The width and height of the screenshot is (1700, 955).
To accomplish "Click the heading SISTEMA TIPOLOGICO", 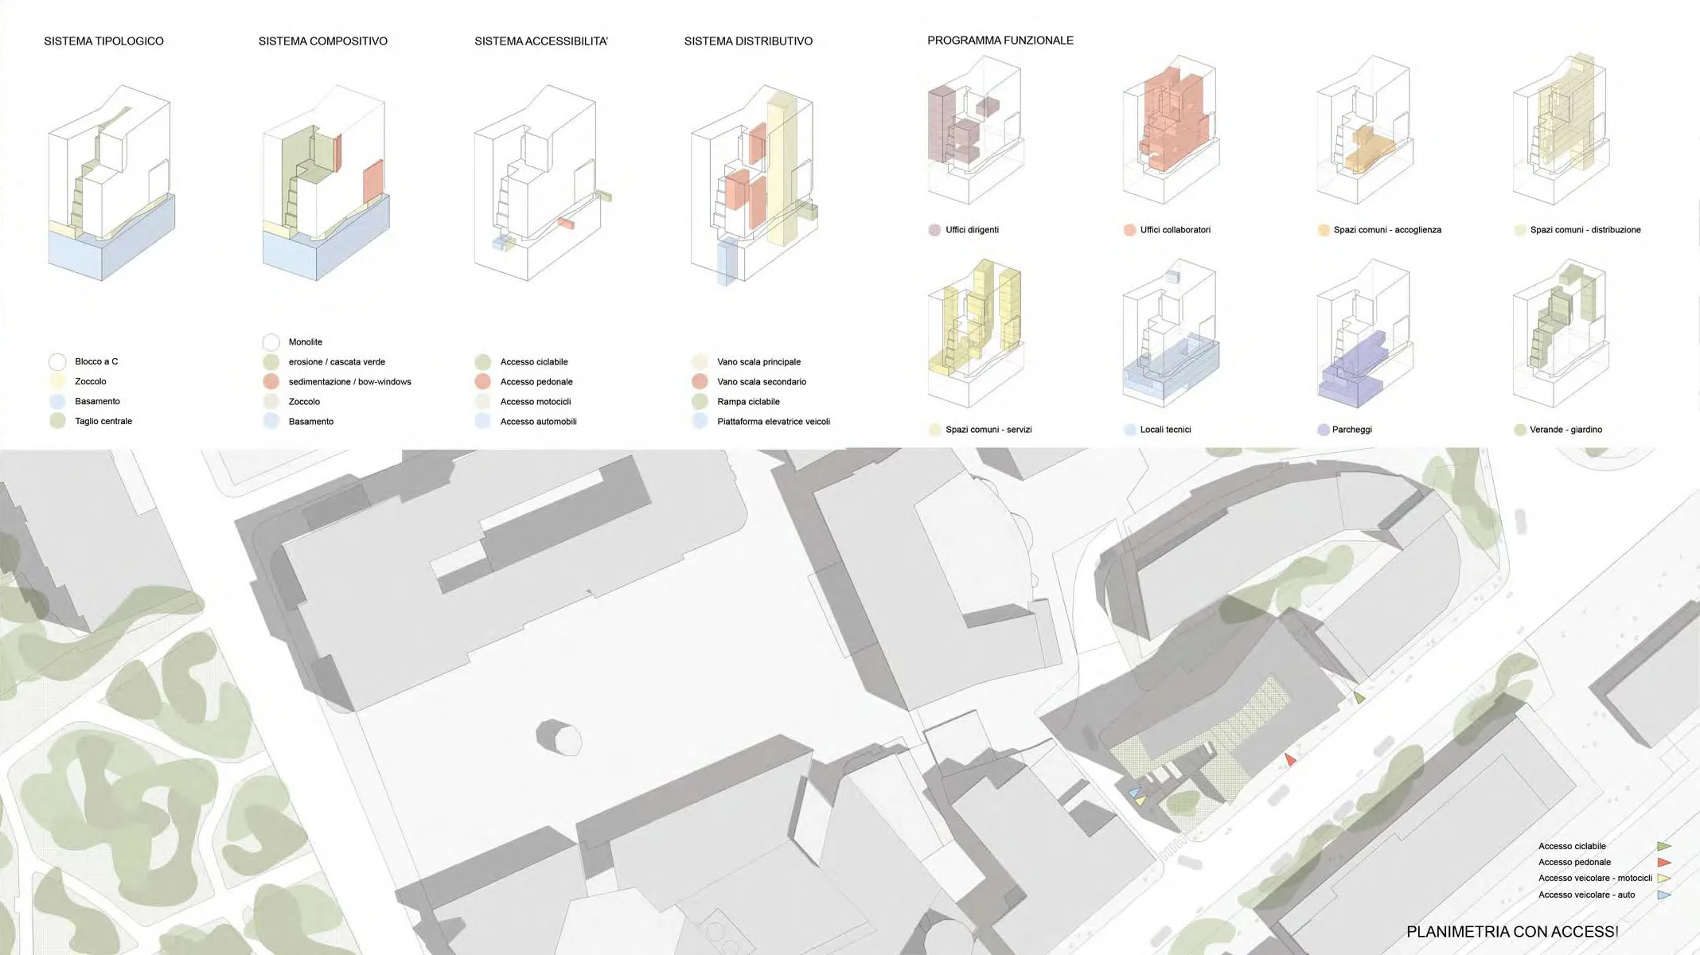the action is pos(103,41).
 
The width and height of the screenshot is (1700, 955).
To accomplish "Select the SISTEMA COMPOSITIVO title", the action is pos(322,41).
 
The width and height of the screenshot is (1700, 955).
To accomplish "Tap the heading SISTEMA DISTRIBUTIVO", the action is pos(748,41).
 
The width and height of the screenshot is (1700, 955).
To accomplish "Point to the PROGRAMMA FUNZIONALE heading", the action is pos(1000,41).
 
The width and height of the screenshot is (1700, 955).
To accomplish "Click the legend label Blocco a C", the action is pos(96,361).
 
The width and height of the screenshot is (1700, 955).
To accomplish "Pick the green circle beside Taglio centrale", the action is pos(57,421).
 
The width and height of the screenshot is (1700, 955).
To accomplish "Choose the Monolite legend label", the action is pos(305,342).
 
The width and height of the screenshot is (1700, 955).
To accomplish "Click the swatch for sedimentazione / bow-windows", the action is pos(271,382).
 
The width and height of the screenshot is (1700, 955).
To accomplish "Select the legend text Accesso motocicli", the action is pos(535,402).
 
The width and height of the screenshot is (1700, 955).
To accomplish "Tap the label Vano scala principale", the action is pos(758,362).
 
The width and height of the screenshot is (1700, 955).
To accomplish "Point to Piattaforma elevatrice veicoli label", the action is pos(773,422).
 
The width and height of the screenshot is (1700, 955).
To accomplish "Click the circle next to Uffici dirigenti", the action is pos(934,230).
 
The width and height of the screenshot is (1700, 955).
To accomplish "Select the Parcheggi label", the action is pos(1351,430).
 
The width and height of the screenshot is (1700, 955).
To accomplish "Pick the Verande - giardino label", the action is pos(1565,430).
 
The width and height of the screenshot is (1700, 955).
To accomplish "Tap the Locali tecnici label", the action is pos(1165,430).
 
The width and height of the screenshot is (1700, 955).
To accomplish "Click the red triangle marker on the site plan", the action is pos(1289,760).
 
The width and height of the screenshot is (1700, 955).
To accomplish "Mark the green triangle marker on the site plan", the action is pos(1359,698).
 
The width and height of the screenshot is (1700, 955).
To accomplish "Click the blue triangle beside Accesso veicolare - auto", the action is pos(1663,895).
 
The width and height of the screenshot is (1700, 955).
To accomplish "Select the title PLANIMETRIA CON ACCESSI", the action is pos(1512,932).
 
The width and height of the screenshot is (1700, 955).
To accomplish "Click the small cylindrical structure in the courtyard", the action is pos(560,738).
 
